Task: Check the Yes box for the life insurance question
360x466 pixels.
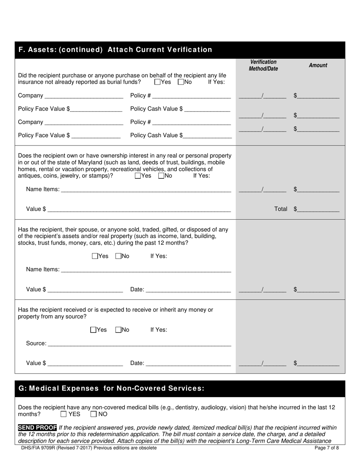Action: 158,82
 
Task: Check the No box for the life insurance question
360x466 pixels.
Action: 181,82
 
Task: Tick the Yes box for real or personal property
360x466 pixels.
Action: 138,176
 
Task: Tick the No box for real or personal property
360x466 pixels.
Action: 161,176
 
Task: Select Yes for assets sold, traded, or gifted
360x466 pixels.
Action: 95,256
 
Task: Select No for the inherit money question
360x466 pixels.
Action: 118,330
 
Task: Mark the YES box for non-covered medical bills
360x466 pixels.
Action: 64,414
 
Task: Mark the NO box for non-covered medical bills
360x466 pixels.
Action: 94,414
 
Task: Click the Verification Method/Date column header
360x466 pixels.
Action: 263,65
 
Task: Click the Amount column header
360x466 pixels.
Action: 318,65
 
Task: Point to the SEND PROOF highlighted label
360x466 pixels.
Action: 38,427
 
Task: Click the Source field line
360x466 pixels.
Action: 139,343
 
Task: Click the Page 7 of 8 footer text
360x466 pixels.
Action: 327,448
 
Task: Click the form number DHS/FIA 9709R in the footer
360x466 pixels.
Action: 38,448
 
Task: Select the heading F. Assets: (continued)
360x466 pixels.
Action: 115,50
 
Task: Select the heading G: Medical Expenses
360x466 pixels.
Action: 111,388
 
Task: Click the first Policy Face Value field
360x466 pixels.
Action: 96,109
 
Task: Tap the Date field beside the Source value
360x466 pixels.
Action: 188,363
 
